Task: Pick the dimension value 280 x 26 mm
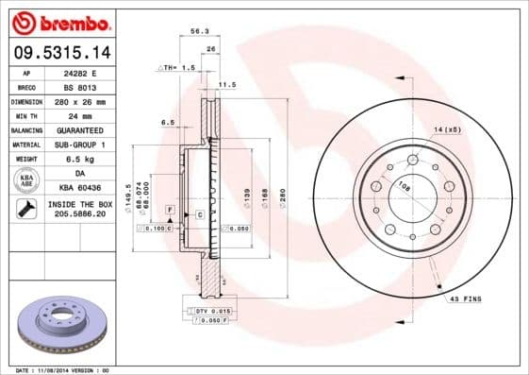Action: pyautogui.click(x=79, y=100)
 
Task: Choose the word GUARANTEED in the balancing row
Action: pyautogui.click(x=79, y=129)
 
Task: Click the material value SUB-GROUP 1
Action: pyautogui.click(x=79, y=144)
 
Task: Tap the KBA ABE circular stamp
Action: pyautogui.click(x=25, y=179)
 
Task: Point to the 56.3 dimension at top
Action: pyautogui.click(x=199, y=31)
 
